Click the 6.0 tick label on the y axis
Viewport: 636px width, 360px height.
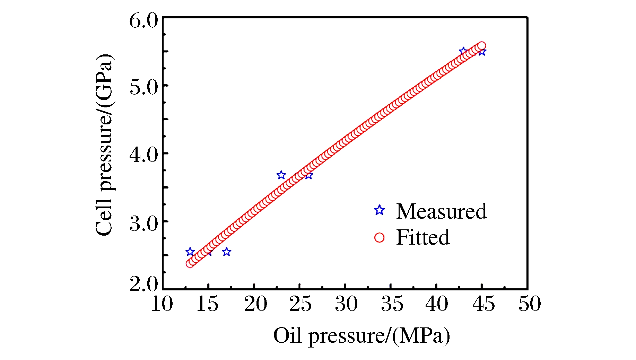coord(143,21)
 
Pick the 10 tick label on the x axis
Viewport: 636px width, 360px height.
coord(162,304)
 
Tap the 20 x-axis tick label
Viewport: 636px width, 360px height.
coord(255,304)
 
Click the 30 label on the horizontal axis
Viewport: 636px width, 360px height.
coord(346,304)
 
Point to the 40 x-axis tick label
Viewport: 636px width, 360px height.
coord(437,304)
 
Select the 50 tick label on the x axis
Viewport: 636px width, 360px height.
coord(529,304)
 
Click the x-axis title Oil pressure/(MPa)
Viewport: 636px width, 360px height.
coord(361,336)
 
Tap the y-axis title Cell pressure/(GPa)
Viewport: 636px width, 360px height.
coord(104,145)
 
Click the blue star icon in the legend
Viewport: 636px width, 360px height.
coord(380,210)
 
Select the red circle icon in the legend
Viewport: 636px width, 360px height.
coord(380,238)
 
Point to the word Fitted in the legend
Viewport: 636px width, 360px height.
coord(423,238)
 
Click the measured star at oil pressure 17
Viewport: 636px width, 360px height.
coord(227,252)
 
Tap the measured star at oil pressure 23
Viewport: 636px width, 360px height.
coord(281,175)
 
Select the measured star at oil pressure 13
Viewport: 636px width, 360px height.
coord(190,252)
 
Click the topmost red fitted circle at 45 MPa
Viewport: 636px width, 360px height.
coord(481,46)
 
